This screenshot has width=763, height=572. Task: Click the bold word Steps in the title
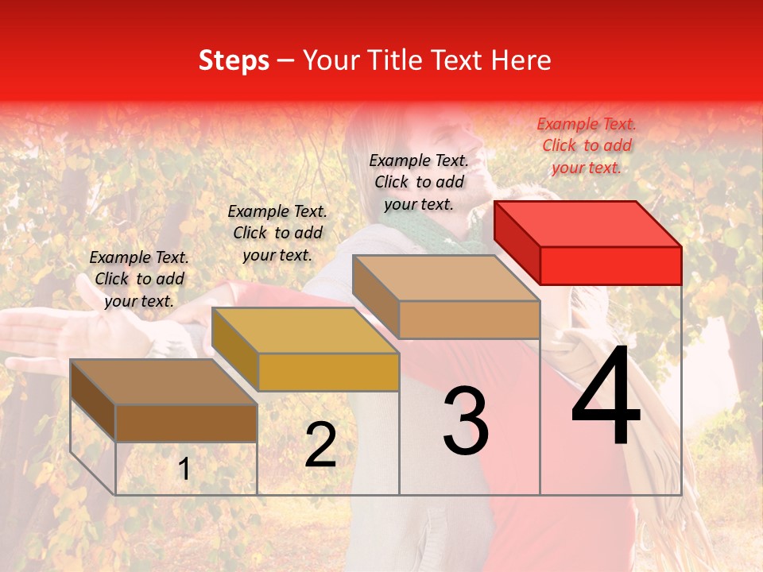pos(234,61)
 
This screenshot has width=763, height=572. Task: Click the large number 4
pos(606,400)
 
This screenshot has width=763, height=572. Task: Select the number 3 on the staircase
pos(466,421)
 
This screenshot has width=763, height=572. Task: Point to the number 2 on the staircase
pos(320,445)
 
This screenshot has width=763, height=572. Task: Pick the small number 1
pos(184,470)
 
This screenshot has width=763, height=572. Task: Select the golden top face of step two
pos(305,330)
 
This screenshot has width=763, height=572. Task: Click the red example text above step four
pos(587,145)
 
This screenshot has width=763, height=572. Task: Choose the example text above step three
pos(419,182)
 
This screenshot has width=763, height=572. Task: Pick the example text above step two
pos(277,233)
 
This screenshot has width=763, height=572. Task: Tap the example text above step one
pos(139,279)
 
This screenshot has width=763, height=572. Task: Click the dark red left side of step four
pos(517,242)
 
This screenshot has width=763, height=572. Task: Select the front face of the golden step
pos(328,372)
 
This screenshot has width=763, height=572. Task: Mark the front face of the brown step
pos(186,423)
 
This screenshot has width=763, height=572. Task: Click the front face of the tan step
pos(469,319)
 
